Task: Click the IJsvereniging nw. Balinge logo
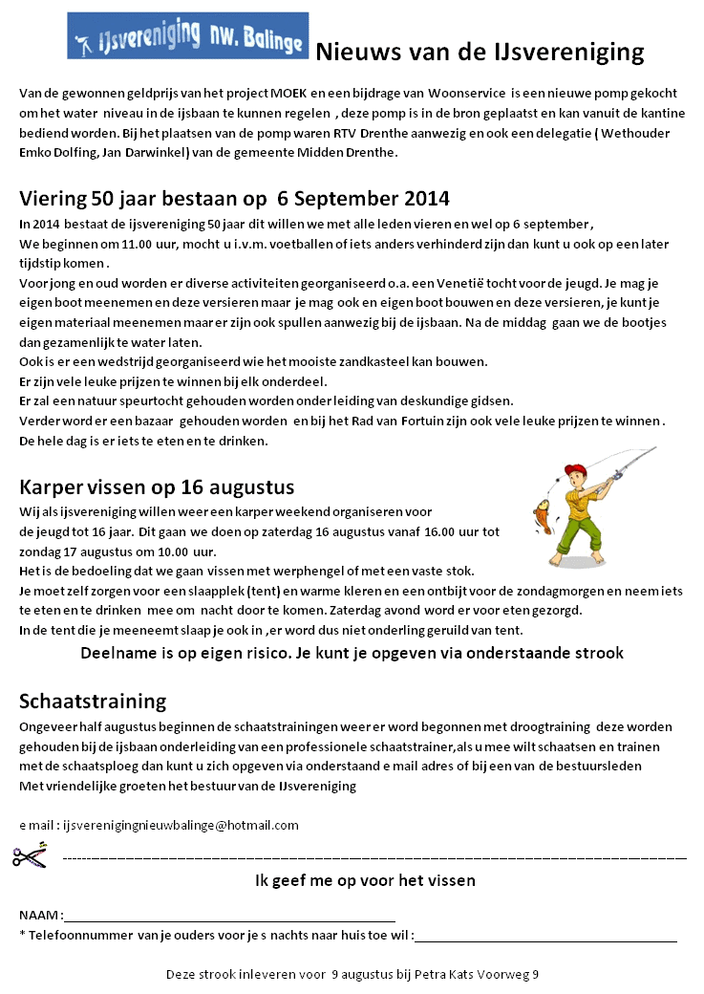[x=188, y=35]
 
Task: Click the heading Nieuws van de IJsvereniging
[x=480, y=52]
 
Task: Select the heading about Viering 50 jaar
[x=234, y=199]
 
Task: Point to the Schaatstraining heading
[x=93, y=702]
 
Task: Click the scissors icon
[x=30, y=855]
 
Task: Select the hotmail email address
[x=181, y=825]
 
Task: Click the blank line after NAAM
[x=229, y=916]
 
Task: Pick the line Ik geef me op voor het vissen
[x=365, y=880]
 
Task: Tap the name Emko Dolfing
[x=59, y=153]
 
